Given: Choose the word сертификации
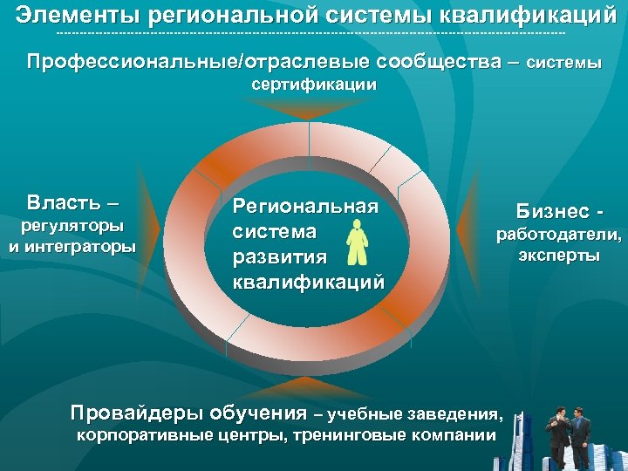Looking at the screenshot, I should (x=314, y=85).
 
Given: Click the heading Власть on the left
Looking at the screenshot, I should (x=65, y=203).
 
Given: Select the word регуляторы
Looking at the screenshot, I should (x=72, y=227).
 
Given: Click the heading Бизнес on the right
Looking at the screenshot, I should (x=553, y=210).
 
